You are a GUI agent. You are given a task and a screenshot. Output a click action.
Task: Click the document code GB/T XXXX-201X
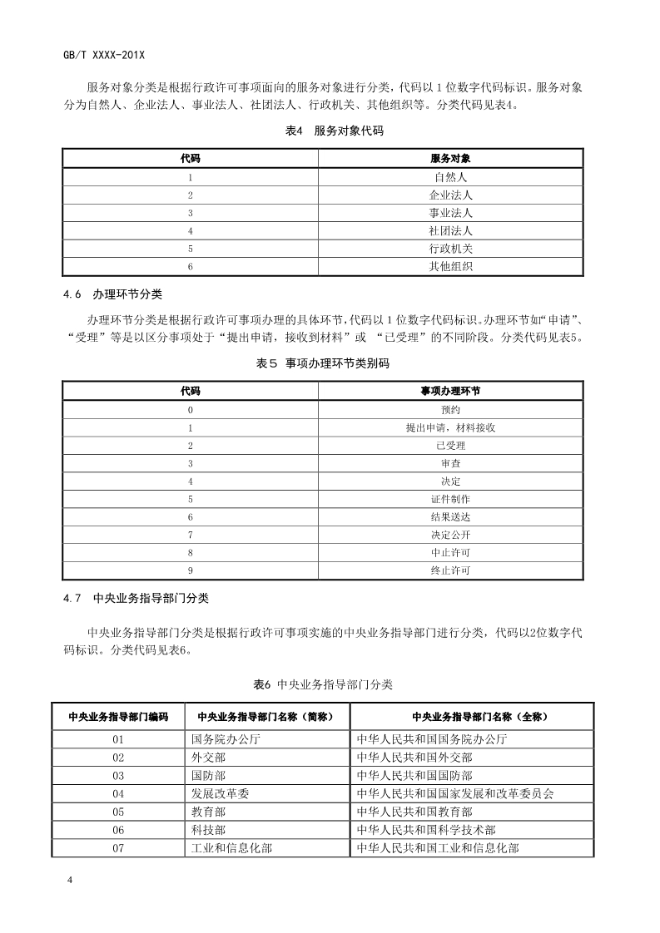coord(104,54)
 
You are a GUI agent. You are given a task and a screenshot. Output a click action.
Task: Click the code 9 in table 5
coord(191,570)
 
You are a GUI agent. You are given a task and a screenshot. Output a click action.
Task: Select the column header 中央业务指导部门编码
coord(118,716)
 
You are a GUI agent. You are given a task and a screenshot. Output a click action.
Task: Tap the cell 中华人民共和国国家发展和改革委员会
coord(454,793)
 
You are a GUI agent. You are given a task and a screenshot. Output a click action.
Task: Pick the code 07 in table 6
coord(118,847)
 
